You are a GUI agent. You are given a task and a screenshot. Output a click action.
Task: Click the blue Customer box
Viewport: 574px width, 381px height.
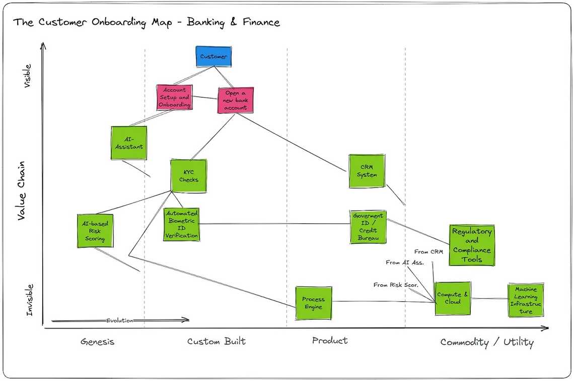213,56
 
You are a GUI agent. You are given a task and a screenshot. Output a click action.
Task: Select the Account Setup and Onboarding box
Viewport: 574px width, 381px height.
175,98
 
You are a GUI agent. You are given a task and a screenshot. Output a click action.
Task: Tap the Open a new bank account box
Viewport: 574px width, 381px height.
236,100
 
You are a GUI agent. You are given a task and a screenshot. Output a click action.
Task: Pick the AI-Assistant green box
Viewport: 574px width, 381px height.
129,143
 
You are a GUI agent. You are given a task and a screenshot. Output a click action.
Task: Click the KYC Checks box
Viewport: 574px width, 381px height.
189,176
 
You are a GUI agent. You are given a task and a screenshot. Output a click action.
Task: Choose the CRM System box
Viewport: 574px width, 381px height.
367,171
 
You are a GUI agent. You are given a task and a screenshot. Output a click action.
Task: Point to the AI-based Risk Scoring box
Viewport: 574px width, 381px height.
95,231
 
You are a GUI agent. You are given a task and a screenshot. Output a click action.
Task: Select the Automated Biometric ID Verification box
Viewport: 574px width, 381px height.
181,224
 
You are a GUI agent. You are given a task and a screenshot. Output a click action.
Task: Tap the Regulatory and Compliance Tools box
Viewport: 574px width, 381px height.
472,245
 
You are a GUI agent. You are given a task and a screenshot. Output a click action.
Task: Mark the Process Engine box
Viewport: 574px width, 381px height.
314,303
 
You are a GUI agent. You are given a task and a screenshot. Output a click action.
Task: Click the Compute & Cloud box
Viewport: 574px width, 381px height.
453,298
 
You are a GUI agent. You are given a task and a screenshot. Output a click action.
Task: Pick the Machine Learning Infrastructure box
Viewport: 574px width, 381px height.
526,300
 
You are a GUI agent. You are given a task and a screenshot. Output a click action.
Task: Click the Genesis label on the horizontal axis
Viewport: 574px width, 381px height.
98,342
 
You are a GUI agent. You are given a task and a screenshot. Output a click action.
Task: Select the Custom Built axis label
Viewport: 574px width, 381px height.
217,342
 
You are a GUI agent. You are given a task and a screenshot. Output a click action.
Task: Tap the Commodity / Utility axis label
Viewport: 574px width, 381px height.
487,343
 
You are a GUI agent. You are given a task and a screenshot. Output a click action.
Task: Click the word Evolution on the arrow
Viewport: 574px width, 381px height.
120,321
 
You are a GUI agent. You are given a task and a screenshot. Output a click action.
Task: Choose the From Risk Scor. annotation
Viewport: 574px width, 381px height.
396,285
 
